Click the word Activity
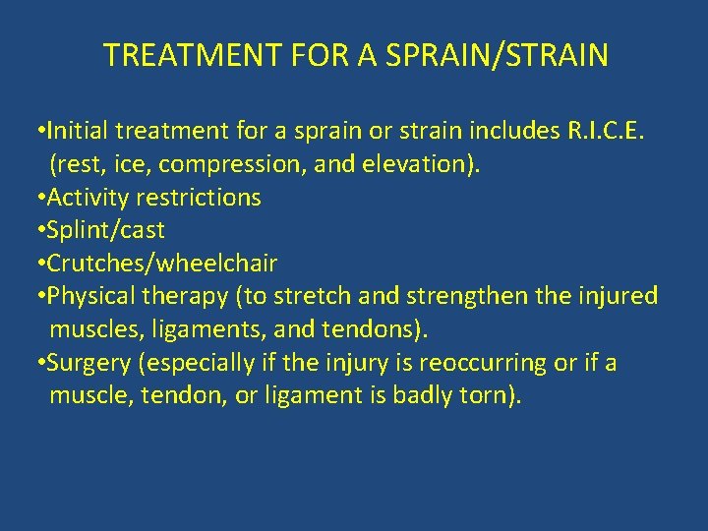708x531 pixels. tap(87, 198)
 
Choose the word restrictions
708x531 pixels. tap(199, 198)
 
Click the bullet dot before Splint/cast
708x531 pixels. tap(37, 230)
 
